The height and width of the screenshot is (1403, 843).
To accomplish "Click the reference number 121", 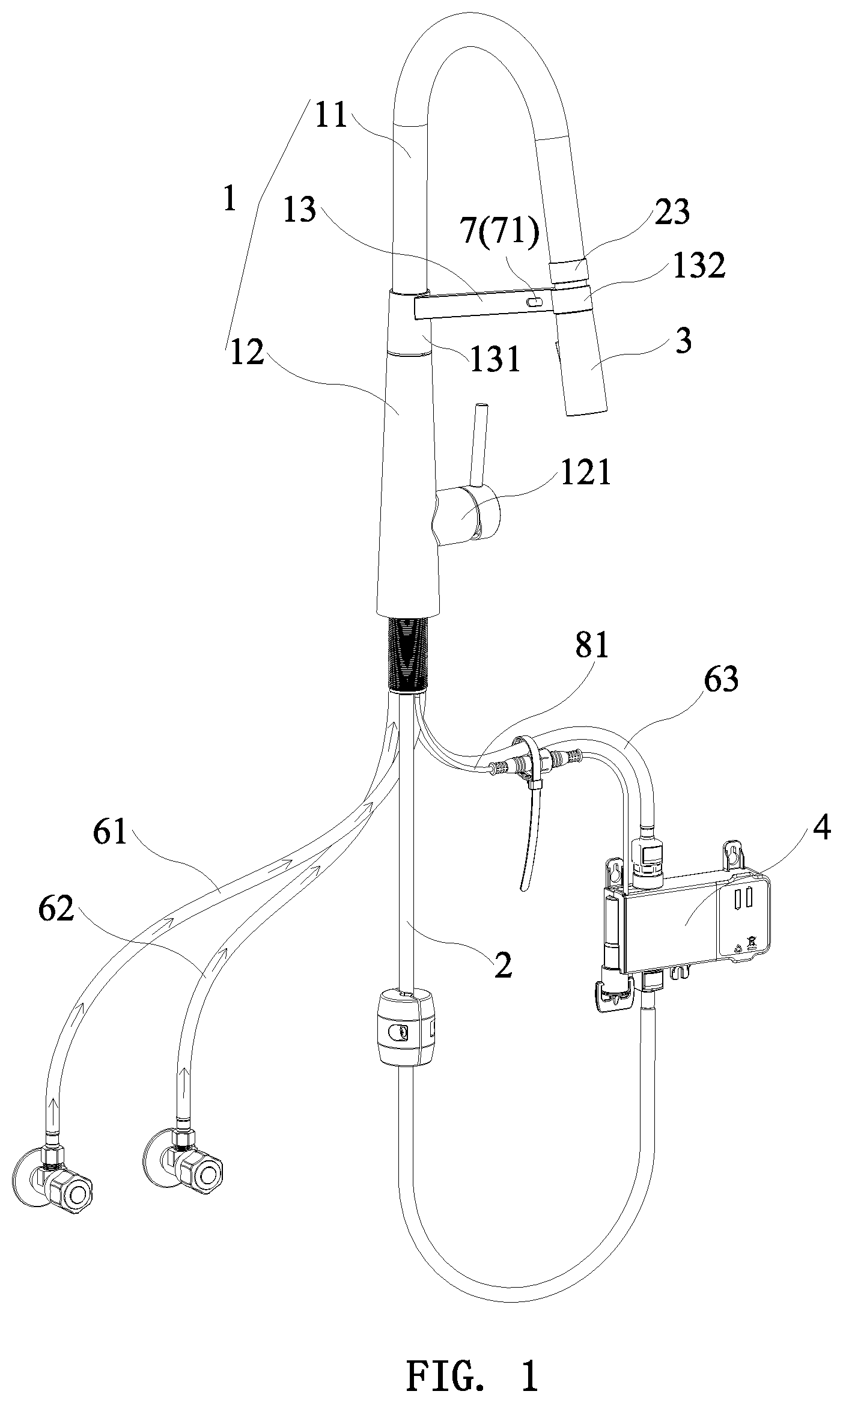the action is coord(585,473).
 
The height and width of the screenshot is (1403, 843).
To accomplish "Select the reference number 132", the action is coord(699,266).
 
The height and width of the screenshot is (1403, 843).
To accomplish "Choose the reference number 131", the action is coord(495,360).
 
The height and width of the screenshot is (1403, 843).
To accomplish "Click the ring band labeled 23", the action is coord(568,272).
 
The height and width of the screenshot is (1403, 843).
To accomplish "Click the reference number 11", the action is coord(331,115).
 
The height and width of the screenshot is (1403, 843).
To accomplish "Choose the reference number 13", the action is coord(299,210).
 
